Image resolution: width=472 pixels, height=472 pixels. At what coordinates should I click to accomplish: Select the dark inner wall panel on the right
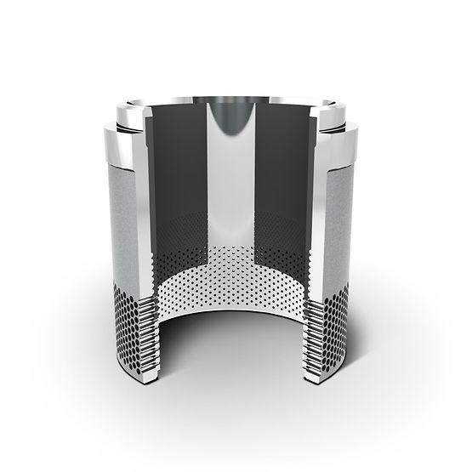(285, 170)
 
